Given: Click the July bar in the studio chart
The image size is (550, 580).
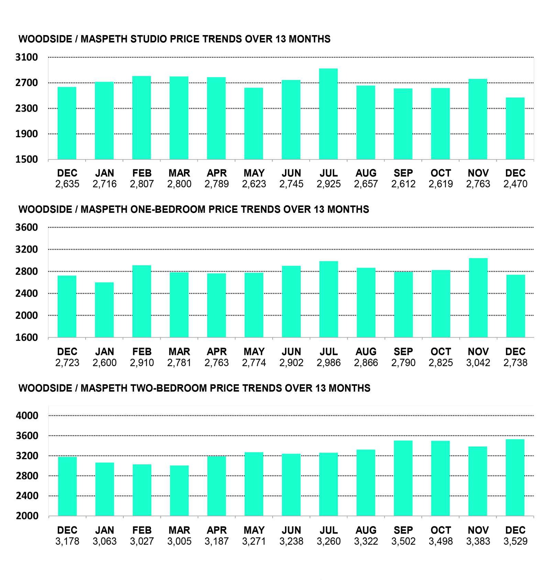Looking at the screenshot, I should [328, 114].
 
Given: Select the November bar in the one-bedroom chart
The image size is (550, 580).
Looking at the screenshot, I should [478, 298].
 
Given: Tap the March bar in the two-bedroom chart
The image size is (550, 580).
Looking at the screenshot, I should [179, 491].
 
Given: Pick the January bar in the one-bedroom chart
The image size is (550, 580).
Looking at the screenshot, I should [104, 310].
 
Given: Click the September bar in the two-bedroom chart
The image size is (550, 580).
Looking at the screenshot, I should [403, 478].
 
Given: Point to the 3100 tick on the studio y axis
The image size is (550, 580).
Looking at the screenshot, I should [26, 57].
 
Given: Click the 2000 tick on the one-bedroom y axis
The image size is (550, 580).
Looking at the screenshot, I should [26, 315].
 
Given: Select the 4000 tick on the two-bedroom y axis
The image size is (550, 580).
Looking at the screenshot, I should [27, 415].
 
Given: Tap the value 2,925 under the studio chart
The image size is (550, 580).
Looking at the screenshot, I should [329, 184].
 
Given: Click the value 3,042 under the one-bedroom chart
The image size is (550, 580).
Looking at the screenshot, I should [478, 363].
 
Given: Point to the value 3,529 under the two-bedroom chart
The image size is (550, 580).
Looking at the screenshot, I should [515, 541].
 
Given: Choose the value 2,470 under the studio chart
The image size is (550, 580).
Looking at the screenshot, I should [515, 184].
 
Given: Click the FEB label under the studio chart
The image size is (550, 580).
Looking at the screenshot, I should [142, 173].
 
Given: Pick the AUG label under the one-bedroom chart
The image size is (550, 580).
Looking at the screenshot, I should [366, 351].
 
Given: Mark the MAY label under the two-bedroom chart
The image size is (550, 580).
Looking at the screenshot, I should [254, 530].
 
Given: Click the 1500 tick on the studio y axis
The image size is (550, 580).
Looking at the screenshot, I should [26, 159].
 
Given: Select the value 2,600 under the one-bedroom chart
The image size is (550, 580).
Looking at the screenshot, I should [104, 363].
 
